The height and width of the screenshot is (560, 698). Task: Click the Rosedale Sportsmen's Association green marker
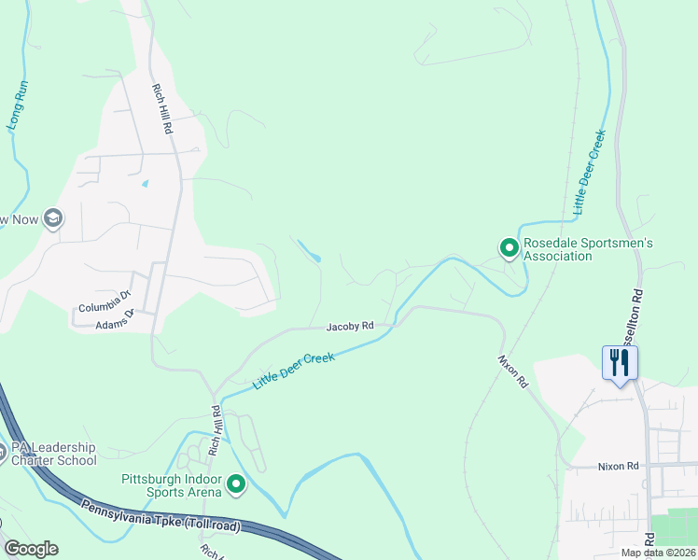pos(509,248)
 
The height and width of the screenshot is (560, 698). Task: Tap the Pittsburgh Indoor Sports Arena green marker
pos(235,483)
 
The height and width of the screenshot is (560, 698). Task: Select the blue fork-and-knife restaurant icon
pos(620,363)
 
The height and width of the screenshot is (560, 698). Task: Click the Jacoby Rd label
pos(350,327)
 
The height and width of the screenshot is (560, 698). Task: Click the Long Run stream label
pos(19,108)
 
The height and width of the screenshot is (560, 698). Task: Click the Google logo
pos(30,549)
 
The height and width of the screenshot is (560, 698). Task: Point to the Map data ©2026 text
pos(658,553)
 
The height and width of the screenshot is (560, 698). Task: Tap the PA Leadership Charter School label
pos(52,454)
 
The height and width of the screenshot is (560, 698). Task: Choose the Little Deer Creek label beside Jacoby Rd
pos(293,371)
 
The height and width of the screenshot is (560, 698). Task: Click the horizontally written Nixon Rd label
pos(617,466)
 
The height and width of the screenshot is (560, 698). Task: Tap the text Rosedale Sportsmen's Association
pos(588,249)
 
